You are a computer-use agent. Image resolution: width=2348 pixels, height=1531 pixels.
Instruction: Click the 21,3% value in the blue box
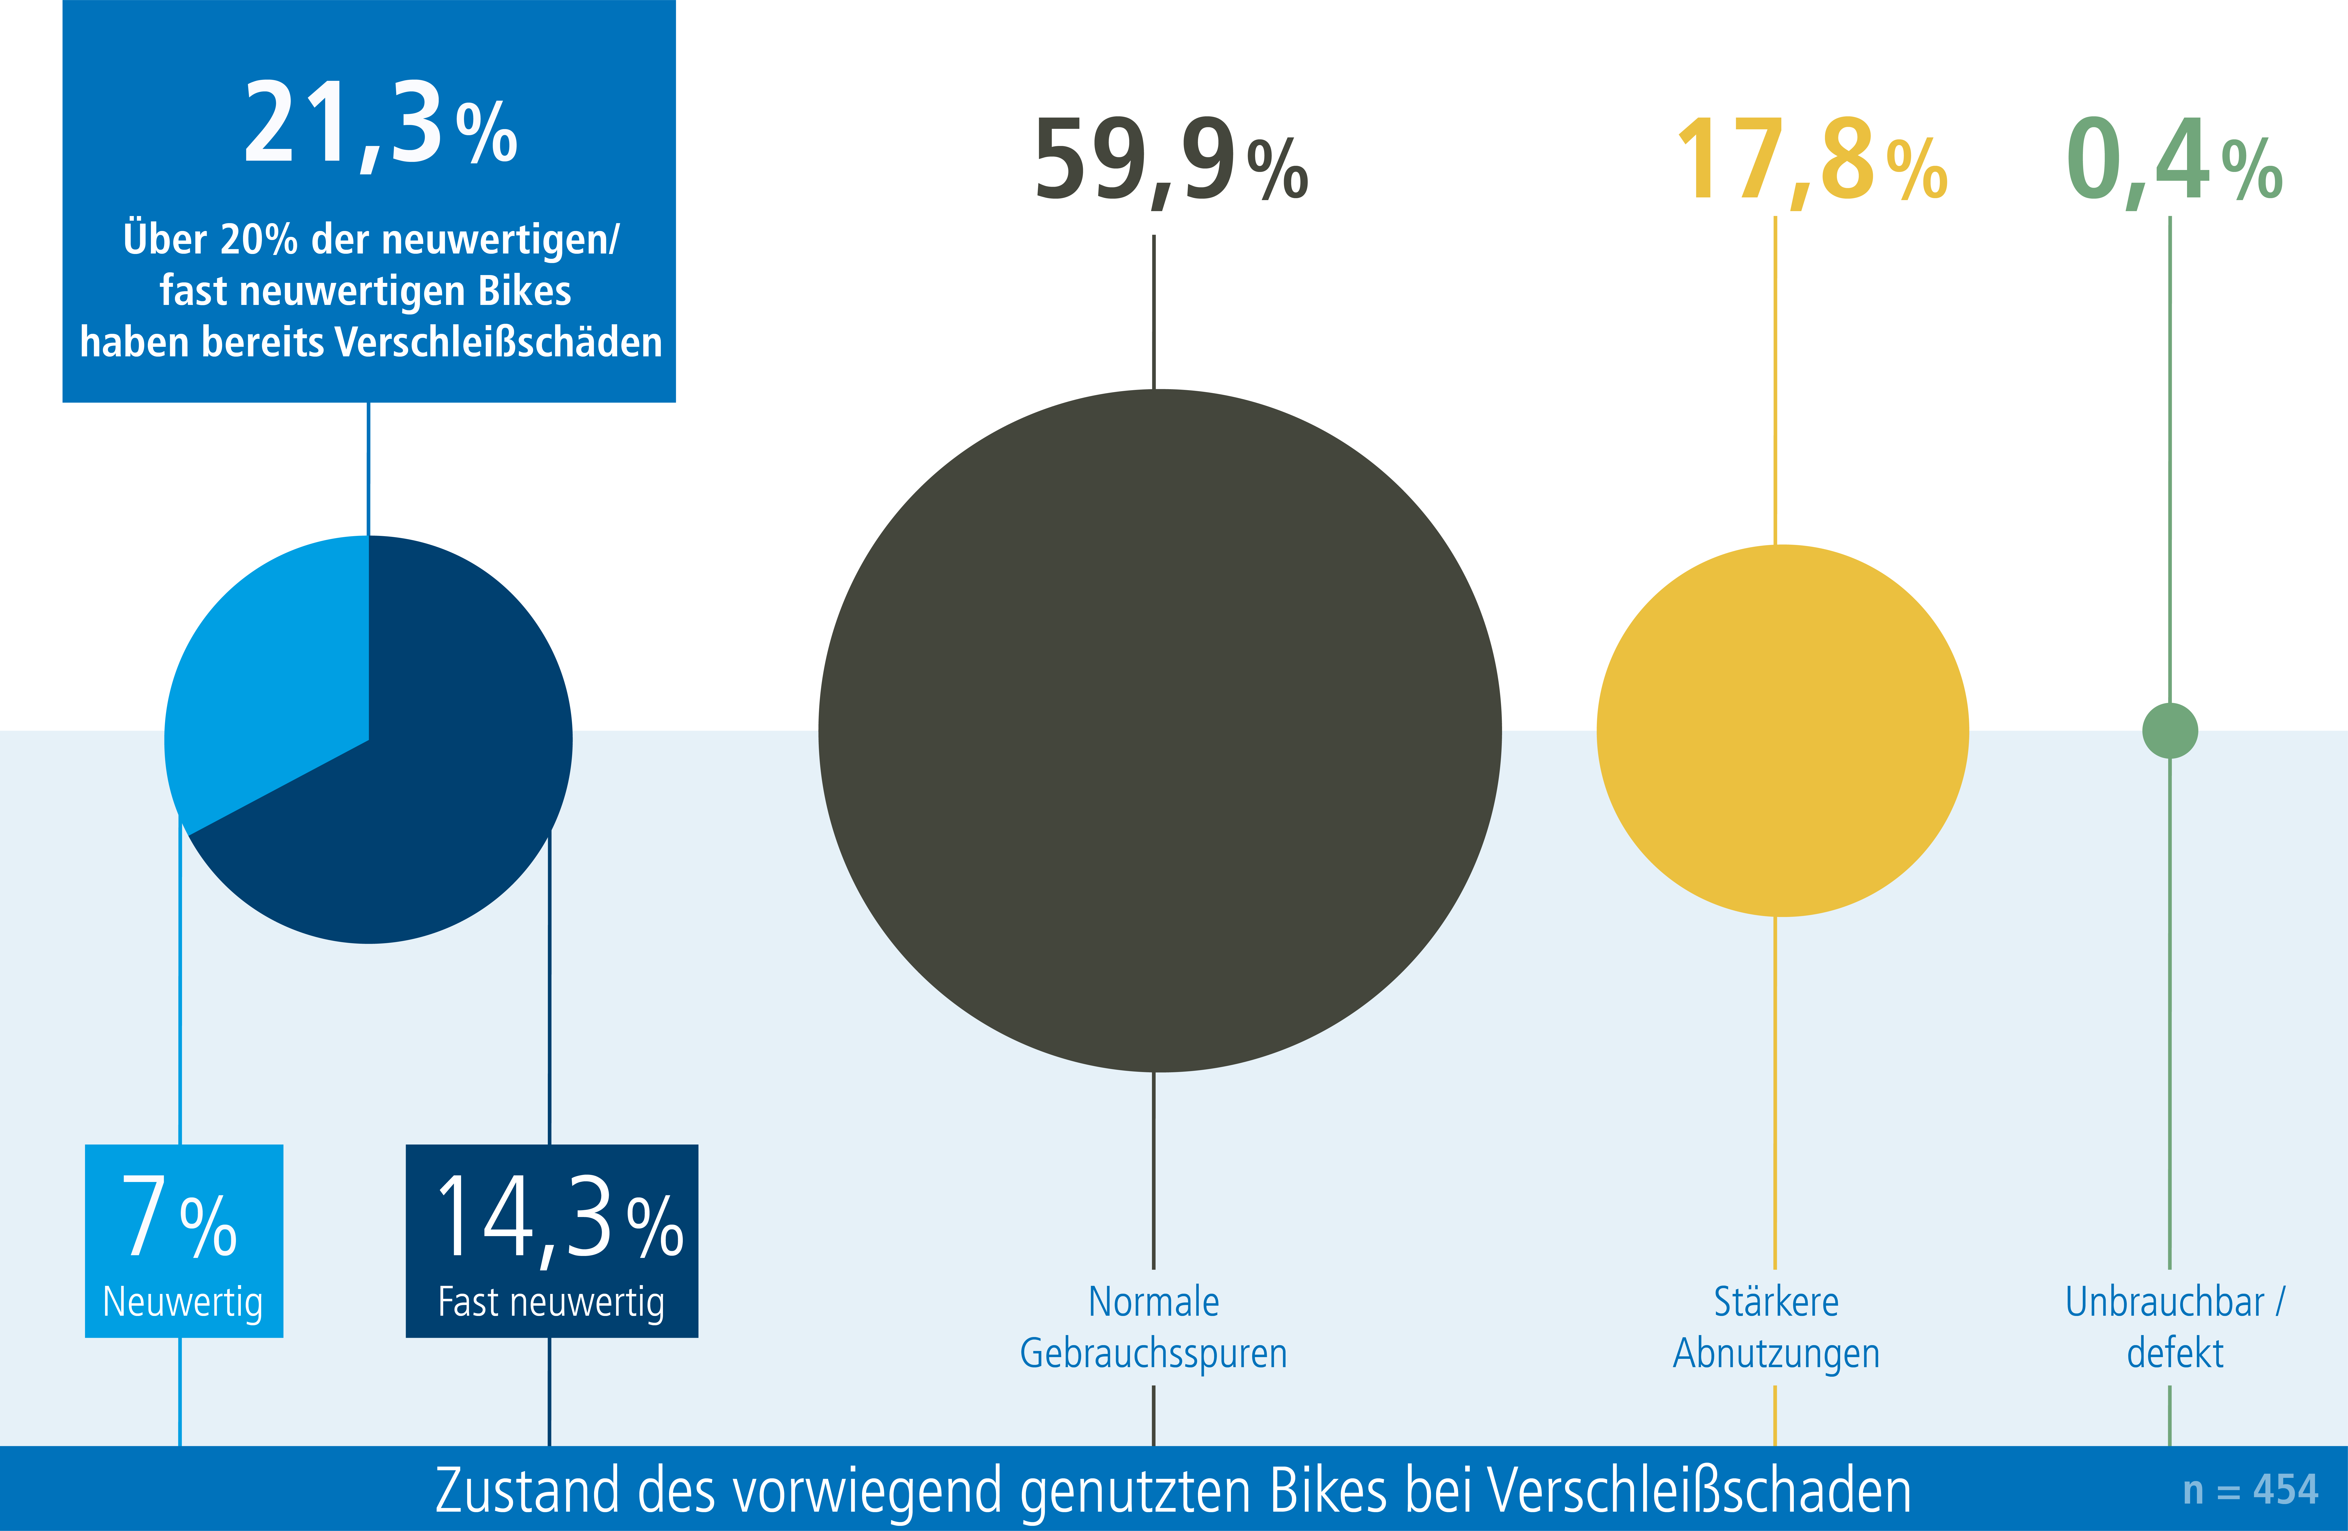click(x=380, y=126)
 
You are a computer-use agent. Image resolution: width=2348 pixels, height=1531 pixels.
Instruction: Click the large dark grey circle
click(x=1159, y=730)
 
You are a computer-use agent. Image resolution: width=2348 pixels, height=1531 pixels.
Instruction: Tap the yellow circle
click(x=1782, y=730)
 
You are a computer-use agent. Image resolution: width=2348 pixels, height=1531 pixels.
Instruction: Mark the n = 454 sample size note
click(x=2249, y=1490)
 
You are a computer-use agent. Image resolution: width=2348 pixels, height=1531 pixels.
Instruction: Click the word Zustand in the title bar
click(x=528, y=1490)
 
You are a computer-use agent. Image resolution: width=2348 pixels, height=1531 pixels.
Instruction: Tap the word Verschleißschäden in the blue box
click(x=498, y=342)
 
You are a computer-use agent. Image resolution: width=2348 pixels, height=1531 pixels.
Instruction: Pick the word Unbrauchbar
click(x=2165, y=1302)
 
